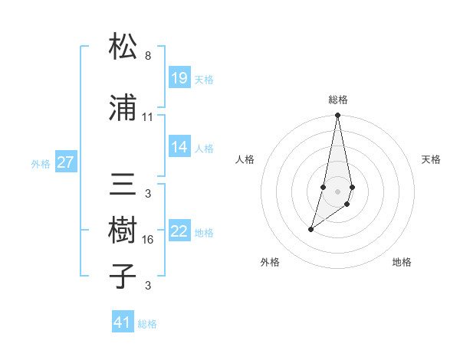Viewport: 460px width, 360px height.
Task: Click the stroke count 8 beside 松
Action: (x=148, y=56)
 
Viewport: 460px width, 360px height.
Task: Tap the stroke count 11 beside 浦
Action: (x=148, y=117)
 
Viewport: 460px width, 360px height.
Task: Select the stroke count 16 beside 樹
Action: (x=148, y=240)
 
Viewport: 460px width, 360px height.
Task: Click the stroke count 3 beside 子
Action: (x=148, y=286)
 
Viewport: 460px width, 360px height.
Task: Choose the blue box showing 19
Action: (x=179, y=78)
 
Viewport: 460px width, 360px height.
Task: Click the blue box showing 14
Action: (x=179, y=147)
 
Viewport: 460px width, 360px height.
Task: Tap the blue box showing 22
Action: (x=179, y=231)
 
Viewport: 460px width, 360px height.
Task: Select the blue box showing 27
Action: (x=65, y=162)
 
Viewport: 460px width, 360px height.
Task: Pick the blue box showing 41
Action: (x=123, y=322)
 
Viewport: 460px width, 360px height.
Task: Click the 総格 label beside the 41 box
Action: (x=147, y=324)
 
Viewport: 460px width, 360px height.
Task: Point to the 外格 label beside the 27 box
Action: (x=41, y=163)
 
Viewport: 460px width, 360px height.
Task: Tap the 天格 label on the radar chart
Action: (x=431, y=159)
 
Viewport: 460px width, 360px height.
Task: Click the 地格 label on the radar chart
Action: (x=402, y=262)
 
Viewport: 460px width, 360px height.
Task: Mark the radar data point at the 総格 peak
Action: (x=337, y=116)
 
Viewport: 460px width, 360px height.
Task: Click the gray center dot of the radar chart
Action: (x=337, y=189)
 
